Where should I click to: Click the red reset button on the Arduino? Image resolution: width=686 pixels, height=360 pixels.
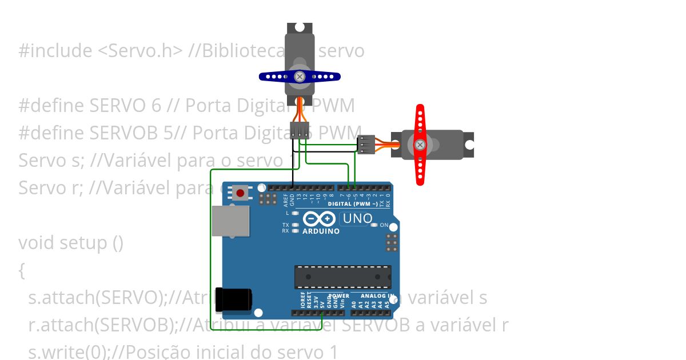click(240, 193)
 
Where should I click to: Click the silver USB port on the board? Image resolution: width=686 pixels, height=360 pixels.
click(230, 221)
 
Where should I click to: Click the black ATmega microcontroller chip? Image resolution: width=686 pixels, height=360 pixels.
click(343, 277)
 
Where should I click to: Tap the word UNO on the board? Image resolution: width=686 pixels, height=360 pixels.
click(357, 218)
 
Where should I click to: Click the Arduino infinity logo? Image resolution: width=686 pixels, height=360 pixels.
click(320, 219)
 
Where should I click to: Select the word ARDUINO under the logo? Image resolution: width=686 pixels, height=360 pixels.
click(321, 231)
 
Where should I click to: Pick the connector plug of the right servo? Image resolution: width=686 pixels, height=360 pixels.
click(366, 145)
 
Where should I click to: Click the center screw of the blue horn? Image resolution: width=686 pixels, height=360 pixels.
click(299, 76)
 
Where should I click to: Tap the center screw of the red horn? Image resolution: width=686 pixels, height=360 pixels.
click(420, 145)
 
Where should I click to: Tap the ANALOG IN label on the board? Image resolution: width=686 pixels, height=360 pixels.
click(377, 296)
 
